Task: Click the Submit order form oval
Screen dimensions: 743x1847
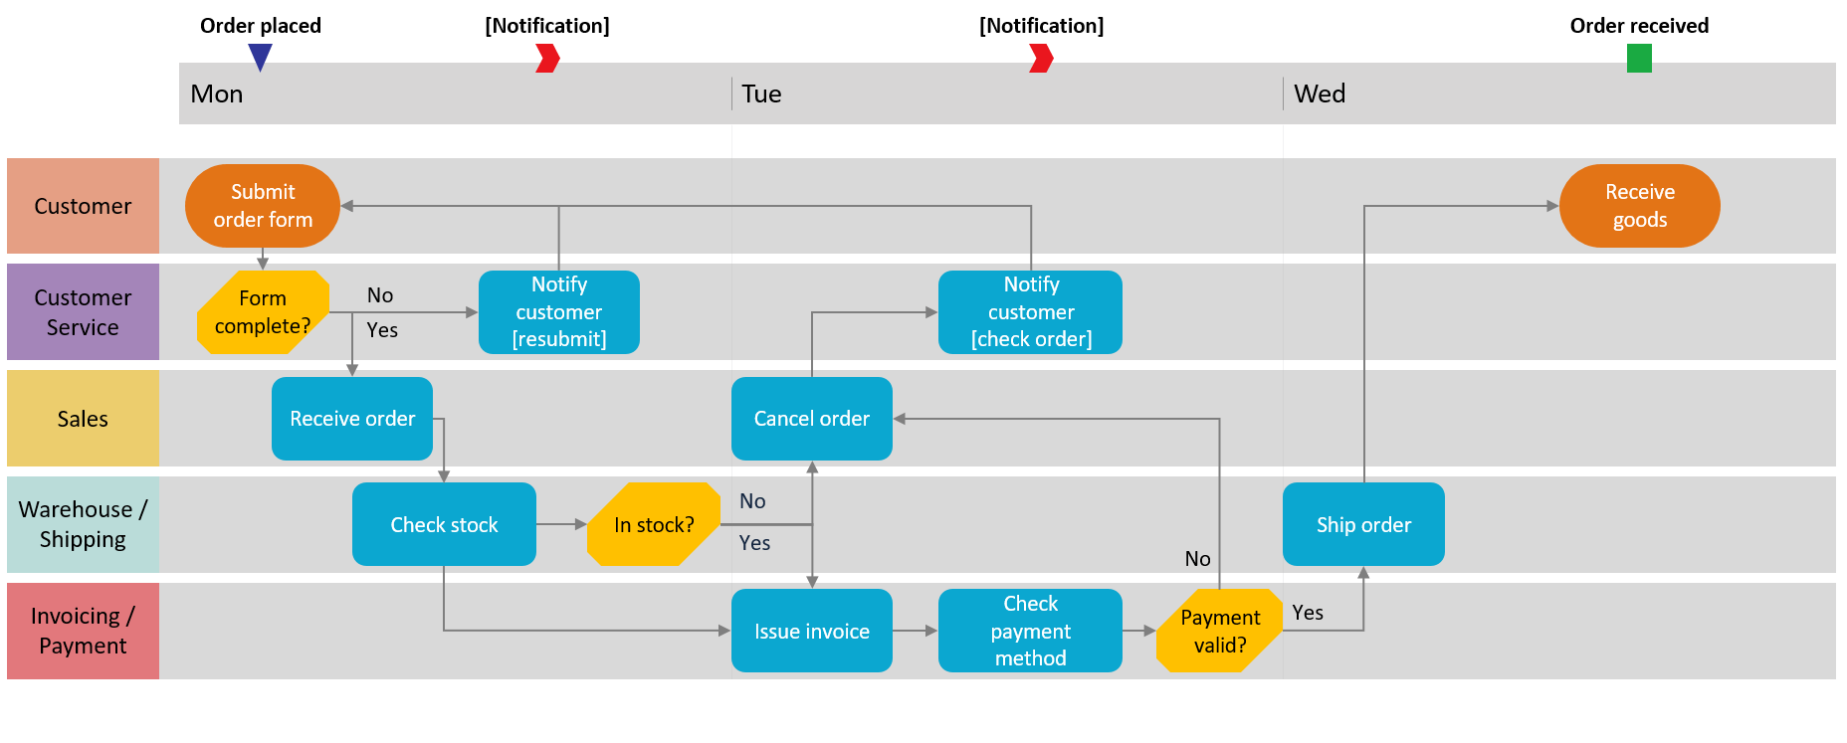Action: (263, 206)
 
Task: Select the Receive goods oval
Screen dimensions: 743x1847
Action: (1639, 206)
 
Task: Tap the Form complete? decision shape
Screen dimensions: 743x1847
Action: (263, 312)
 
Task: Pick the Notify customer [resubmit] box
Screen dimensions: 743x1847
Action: (558, 312)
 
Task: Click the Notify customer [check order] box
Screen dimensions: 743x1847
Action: (1030, 312)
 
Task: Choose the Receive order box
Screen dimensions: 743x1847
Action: (352, 419)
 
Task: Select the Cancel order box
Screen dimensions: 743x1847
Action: (811, 419)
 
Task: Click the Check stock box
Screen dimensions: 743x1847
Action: (444, 524)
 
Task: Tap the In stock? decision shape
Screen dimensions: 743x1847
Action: (654, 524)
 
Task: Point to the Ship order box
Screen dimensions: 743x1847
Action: (1363, 524)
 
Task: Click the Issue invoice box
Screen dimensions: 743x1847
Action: (811, 631)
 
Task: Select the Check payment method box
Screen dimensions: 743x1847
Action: (1030, 631)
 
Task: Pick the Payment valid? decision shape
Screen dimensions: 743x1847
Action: (1219, 631)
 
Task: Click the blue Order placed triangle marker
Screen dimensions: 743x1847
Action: (261, 56)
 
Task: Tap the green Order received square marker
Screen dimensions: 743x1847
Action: (1639, 59)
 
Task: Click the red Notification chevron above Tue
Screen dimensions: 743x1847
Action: (1041, 59)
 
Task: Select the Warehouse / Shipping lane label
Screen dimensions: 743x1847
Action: (83, 524)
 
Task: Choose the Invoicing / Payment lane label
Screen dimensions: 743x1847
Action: (83, 631)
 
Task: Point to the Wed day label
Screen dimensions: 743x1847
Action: (1320, 93)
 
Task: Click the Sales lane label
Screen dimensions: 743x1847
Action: (83, 419)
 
